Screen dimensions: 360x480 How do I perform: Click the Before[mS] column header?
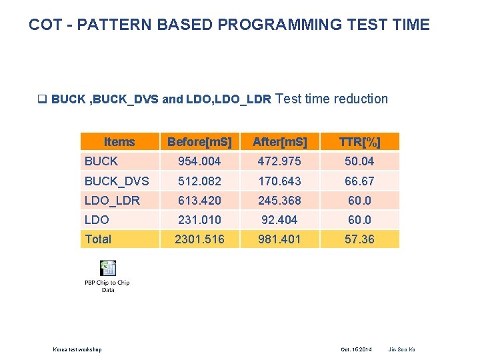[199, 142]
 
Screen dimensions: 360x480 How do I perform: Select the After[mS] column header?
[280, 142]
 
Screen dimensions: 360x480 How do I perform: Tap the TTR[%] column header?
[359, 142]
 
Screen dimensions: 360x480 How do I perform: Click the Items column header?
[119, 142]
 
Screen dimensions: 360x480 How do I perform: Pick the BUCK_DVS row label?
[117, 181]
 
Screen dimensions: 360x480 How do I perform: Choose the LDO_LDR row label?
[112, 200]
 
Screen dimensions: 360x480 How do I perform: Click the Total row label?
[98, 239]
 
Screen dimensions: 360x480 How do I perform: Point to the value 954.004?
[199, 161]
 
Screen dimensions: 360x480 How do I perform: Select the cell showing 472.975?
[280, 161]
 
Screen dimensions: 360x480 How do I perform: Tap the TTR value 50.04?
[359, 161]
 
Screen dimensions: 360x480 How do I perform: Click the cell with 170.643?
[280, 181]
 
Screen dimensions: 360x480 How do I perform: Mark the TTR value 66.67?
[359, 181]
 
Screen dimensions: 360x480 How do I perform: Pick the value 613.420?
[199, 200]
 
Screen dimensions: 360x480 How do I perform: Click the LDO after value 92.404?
[280, 219]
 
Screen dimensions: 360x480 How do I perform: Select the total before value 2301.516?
[199, 239]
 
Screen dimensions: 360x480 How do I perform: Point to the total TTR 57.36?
[359, 239]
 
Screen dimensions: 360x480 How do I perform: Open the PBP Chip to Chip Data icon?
[107, 269]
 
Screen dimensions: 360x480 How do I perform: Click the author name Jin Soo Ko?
[401, 349]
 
